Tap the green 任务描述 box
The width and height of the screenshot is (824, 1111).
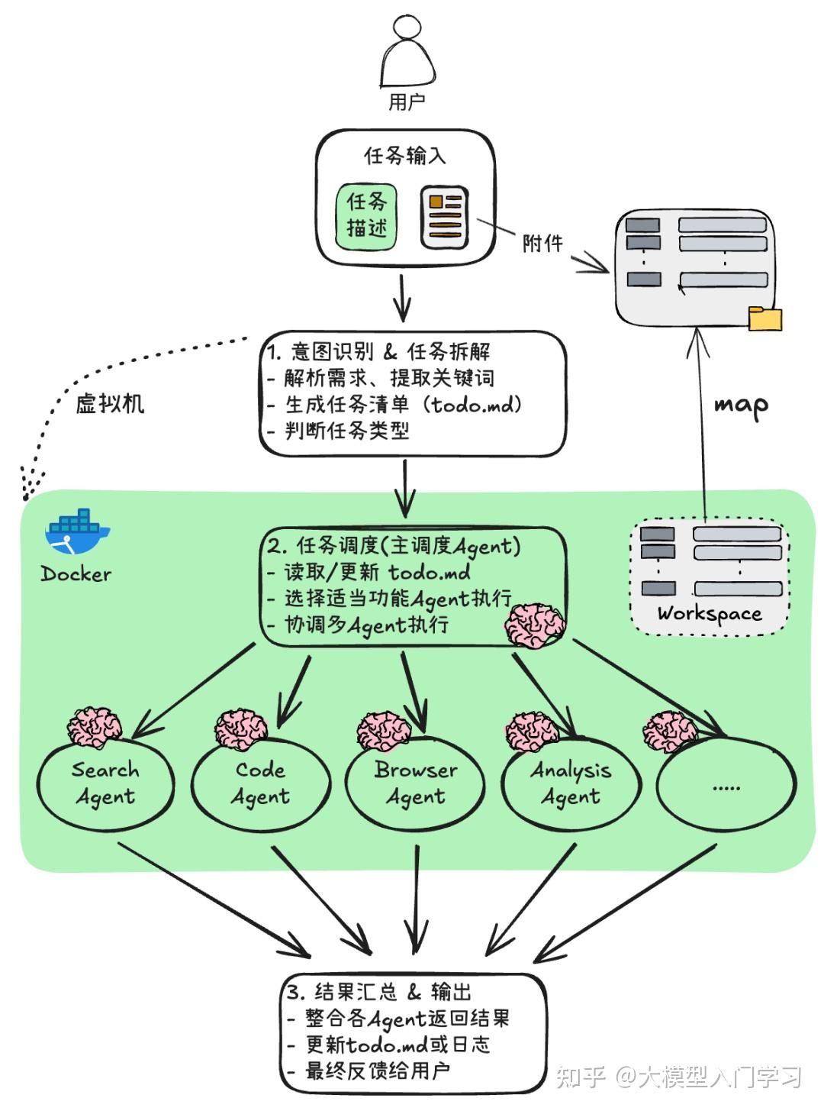coord(367,217)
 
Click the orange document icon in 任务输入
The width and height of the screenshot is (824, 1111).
coord(445,217)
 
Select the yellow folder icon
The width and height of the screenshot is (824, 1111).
coord(765,318)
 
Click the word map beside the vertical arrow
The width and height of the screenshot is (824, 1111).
coord(741,405)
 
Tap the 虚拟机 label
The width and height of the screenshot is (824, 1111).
coord(110,403)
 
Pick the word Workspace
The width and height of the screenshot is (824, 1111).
coord(710,614)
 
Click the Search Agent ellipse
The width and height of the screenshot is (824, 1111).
coord(105,784)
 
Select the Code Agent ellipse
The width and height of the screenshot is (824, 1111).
coord(261,784)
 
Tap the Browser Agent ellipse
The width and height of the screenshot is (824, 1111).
coord(415,784)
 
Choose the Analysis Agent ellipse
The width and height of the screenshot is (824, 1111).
coord(571,784)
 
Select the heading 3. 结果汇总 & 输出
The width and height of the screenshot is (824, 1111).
coord(378,992)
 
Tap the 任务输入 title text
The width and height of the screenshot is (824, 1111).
coord(404,156)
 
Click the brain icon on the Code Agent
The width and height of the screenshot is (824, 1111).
coord(240,729)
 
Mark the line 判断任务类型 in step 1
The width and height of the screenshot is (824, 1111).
coord(347,431)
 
